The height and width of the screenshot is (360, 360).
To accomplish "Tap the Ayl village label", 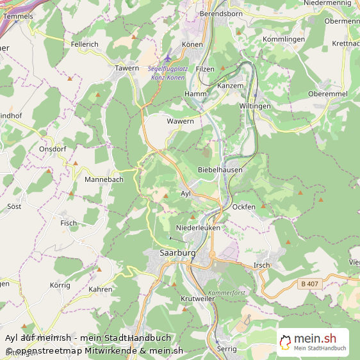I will pos(186,193).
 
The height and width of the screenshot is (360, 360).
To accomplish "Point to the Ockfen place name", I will pos(244,207).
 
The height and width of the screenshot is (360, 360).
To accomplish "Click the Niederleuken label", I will pos(198,227).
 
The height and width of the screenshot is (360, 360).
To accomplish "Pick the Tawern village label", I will pos(127,68).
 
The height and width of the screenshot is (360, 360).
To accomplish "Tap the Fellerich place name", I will pos(85,44).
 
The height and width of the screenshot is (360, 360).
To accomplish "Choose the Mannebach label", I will pos(104,180).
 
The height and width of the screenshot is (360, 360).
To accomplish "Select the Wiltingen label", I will pos(255,106).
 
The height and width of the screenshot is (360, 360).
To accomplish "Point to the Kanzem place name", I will pos(231,85).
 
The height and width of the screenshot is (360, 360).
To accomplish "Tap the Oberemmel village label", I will pos(327,94).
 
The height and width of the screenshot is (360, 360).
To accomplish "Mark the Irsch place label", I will pos(261,265).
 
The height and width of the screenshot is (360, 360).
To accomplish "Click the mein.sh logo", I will pos(313,342).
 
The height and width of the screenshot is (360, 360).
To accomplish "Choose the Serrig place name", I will pos(227,349).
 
